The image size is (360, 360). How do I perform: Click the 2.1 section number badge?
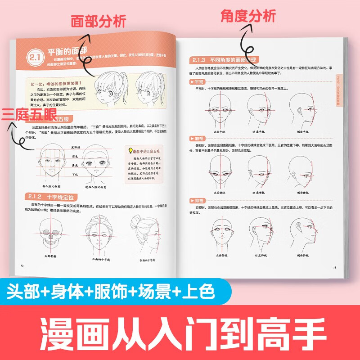tap(34, 58)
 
